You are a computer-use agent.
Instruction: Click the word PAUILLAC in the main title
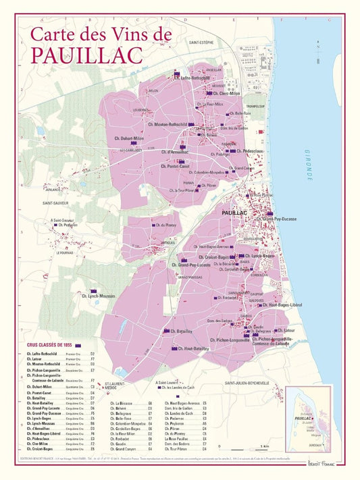(86, 53)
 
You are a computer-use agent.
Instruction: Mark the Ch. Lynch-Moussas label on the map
(98, 296)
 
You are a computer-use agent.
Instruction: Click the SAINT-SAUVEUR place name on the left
(57, 203)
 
